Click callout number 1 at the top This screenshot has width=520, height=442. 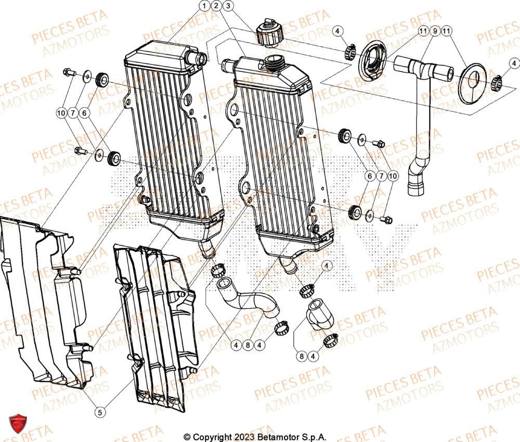(x=204, y=6)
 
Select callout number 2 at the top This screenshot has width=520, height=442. (x=216, y=6)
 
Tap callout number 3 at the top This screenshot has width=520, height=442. (x=228, y=6)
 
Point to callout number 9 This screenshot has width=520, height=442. (x=434, y=32)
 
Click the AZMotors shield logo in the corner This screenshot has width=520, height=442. (x=18, y=423)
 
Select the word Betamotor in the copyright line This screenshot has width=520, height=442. (x=270, y=437)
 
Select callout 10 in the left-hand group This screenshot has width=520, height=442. (x=62, y=112)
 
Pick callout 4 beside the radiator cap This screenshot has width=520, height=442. (x=337, y=32)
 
